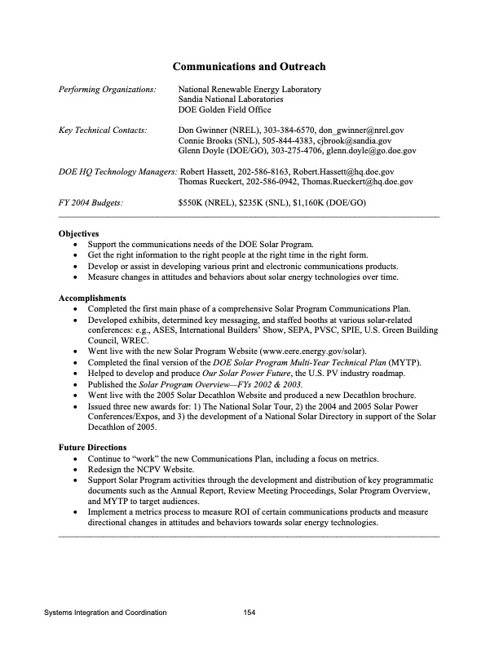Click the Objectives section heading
click(x=79, y=233)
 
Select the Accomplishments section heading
click(x=92, y=298)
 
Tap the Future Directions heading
click(x=92, y=448)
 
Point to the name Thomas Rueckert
click(x=210, y=183)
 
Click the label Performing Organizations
click(x=107, y=89)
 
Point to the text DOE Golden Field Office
click(x=224, y=110)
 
